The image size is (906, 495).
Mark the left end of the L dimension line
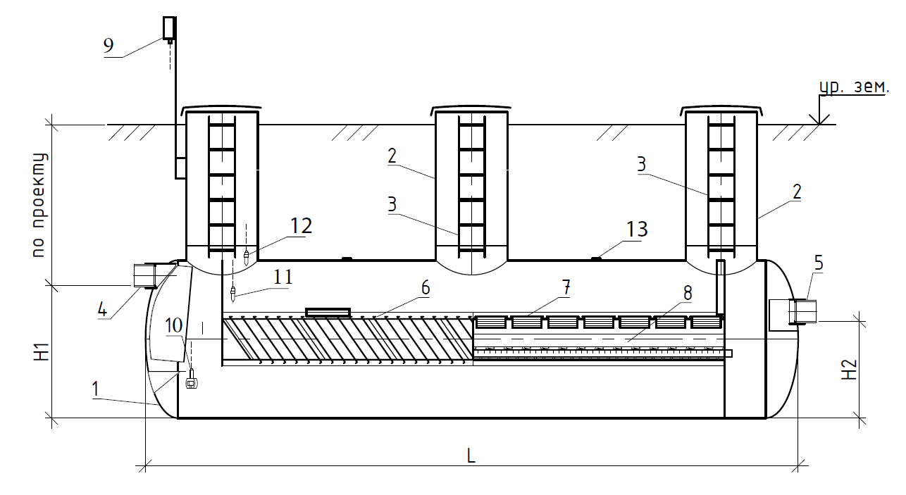[146, 465]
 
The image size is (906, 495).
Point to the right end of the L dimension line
[798, 465]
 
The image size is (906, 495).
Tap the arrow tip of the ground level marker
[819, 124]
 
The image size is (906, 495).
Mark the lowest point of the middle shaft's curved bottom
[471, 275]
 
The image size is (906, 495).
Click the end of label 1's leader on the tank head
[157, 404]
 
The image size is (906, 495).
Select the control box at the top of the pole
[170, 27]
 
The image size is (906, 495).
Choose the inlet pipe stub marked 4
[145, 275]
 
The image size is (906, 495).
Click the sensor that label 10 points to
[192, 379]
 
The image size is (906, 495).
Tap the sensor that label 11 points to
[232, 294]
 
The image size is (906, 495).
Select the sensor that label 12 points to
[247, 258]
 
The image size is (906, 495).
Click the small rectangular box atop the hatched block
[328, 313]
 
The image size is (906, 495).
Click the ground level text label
[854, 87]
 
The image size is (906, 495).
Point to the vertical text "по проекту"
[39, 205]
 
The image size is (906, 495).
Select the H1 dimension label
[42, 352]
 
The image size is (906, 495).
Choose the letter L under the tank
[471, 456]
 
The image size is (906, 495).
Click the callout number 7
[566, 288]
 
